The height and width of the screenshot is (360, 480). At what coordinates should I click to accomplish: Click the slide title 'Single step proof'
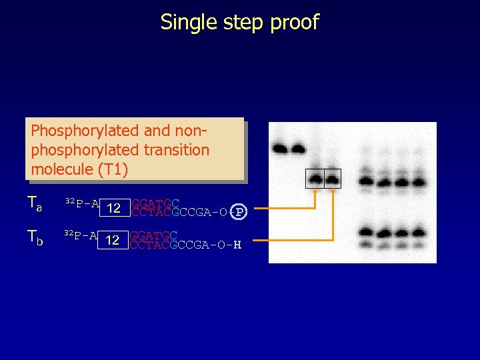coord(239,22)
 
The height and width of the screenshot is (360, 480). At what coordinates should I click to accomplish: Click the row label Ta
coord(35,203)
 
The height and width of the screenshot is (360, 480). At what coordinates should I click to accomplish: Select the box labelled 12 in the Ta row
coord(114,208)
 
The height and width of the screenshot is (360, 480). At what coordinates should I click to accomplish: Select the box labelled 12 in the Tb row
coord(113,240)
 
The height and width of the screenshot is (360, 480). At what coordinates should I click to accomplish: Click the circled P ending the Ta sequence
coord(240,212)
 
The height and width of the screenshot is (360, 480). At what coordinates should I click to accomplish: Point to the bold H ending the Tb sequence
coord(237,244)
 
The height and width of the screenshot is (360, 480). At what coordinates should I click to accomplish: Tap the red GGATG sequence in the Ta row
coord(151,203)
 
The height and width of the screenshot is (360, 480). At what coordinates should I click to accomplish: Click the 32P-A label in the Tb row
coord(80,235)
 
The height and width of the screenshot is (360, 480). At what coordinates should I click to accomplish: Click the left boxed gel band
coord(315,179)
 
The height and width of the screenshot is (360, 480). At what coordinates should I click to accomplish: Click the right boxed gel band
coord(332,179)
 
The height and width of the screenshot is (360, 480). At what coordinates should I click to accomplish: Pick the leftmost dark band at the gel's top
coord(281,148)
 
